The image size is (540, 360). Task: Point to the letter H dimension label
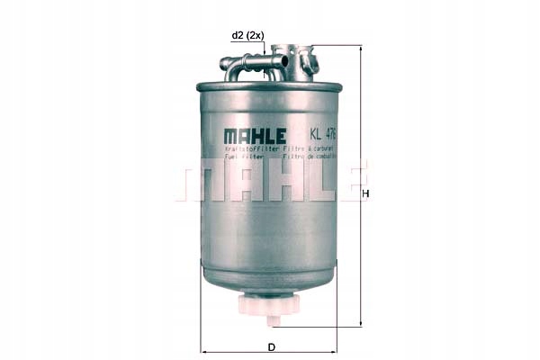coord(365,194)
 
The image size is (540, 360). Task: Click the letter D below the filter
coord(269,346)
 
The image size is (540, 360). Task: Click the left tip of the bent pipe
coord(224,64)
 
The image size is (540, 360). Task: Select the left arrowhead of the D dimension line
coord(202,351)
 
